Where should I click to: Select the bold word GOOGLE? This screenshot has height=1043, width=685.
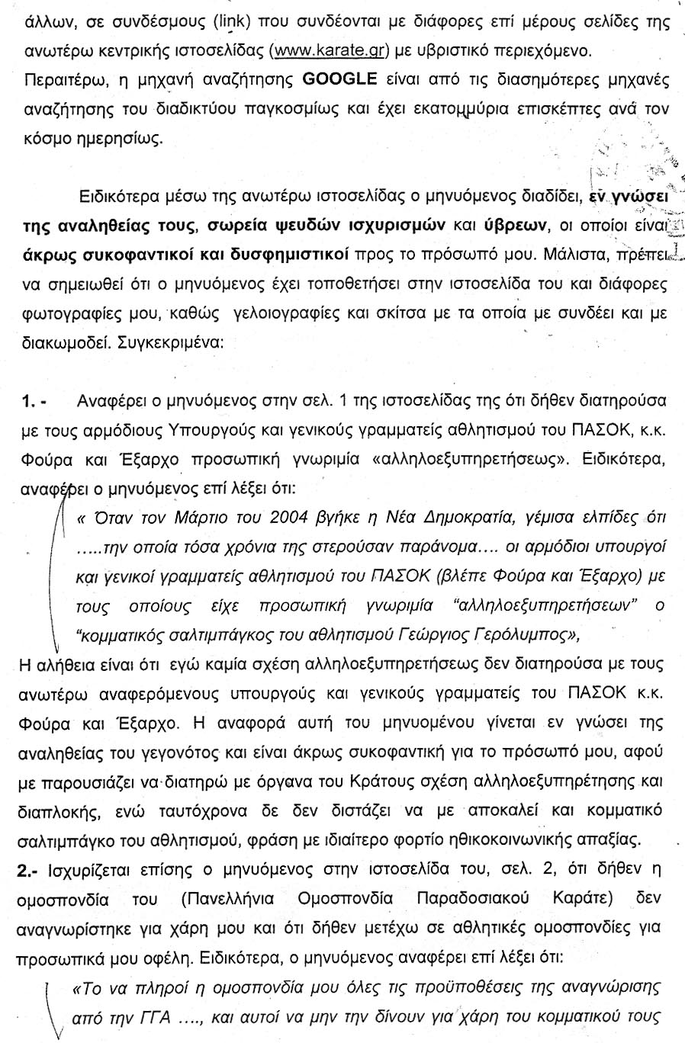340,79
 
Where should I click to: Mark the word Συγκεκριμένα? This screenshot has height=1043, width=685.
171,342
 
